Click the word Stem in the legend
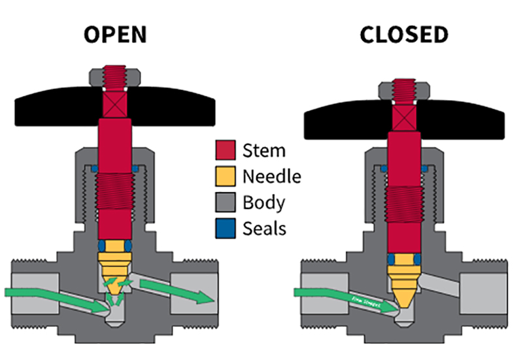click(264, 150)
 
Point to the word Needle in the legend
click(272, 176)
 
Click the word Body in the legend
click(264, 202)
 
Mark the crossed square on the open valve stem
click(115, 104)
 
